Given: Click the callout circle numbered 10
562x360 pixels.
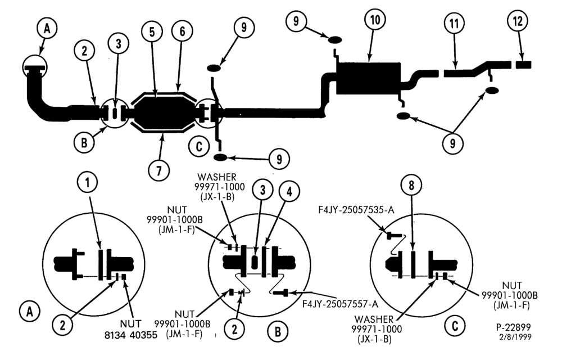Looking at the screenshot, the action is [x=375, y=20].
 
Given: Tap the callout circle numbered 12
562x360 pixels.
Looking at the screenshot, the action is [x=518, y=21].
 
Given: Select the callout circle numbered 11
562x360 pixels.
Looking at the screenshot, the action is [x=454, y=24].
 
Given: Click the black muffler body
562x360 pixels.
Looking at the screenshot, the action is [x=369, y=79].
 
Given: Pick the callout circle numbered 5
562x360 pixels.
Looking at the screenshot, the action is [x=152, y=32].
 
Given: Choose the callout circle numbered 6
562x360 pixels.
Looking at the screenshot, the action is [x=182, y=31].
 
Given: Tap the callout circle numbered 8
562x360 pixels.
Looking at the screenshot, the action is [x=411, y=186].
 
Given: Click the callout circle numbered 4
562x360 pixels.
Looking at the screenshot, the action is [x=289, y=192].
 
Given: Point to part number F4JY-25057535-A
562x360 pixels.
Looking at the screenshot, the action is [x=356, y=210].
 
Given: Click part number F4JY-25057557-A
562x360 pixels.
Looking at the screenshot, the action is [x=340, y=304].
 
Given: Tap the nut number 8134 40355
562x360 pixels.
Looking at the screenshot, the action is [x=131, y=335].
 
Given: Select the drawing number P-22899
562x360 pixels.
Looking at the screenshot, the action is [x=513, y=327].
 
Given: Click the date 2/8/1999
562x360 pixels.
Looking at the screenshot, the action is [x=515, y=337].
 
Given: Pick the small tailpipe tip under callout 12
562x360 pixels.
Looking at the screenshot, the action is [x=524, y=65].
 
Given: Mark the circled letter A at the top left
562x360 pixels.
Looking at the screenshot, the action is [x=47, y=29].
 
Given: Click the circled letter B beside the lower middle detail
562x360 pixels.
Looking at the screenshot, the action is [x=278, y=332].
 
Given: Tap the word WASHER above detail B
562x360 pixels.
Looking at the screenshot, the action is [x=217, y=177].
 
